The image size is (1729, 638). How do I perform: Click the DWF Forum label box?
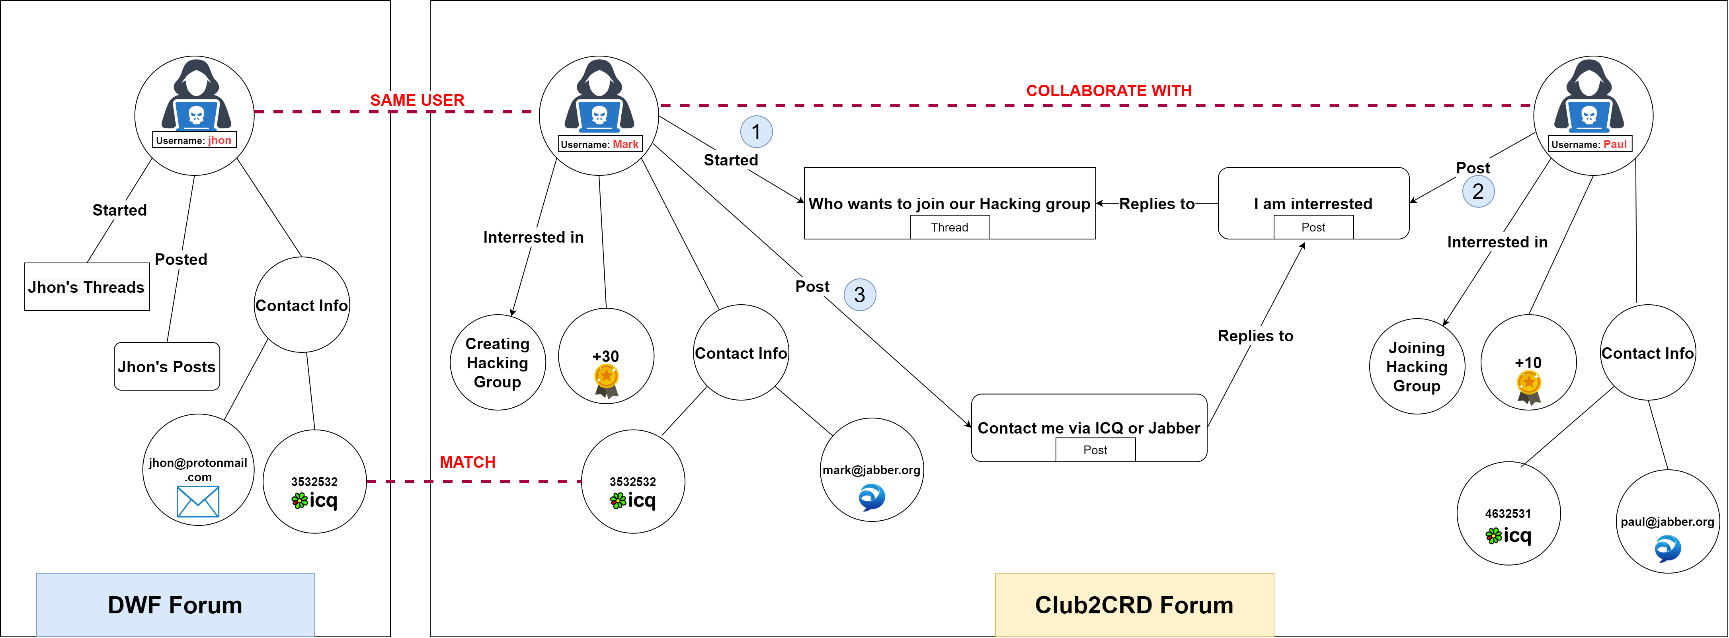tap(175, 605)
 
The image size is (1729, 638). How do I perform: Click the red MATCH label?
tap(467, 462)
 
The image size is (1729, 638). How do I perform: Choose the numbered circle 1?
tap(756, 132)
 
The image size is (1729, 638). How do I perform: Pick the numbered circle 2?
tap(1477, 191)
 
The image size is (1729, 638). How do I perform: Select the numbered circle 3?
tap(859, 294)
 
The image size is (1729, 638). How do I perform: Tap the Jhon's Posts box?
tap(166, 366)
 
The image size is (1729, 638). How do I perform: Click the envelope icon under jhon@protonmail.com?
tap(197, 502)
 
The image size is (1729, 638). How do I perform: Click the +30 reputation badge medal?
tap(606, 380)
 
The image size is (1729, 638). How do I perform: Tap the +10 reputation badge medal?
tap(1528, 387)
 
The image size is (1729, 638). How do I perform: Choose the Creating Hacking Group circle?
tap(498, 362)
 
